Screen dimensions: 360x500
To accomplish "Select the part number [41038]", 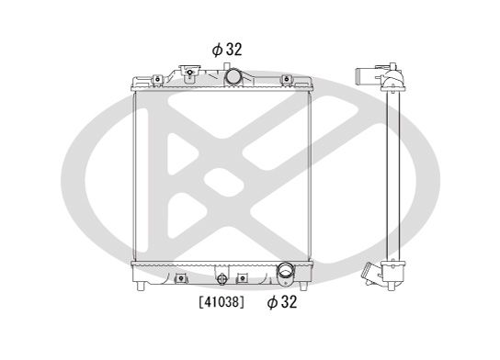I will [x=222, y=300].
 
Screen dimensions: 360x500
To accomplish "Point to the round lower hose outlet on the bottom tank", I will [x=285, y=273].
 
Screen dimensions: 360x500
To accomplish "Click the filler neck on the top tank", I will [x=190, y=72].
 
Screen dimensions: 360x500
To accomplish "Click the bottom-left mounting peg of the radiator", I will [x=140, y=287].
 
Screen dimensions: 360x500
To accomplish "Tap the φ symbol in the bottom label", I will [x=272, y=300].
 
